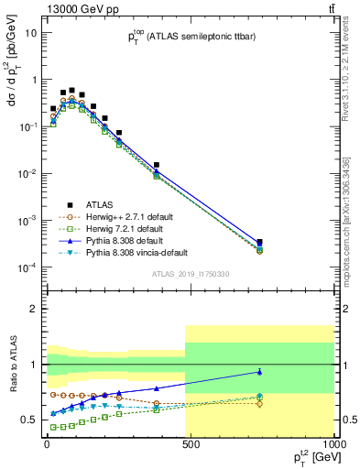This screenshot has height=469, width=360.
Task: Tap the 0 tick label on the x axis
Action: click(46, 443)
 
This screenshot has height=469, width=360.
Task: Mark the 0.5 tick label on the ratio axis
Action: click(27, 420)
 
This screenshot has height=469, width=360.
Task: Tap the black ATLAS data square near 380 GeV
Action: click(157, 165)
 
